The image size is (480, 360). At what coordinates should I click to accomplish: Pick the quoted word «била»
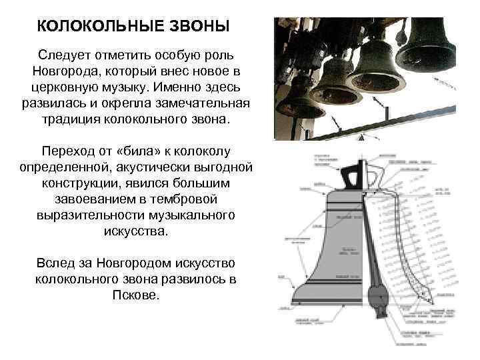pyautogui.click(x=136, y=151)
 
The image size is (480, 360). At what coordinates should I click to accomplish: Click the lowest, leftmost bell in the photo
pyautogui.click(x=297, y=107)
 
